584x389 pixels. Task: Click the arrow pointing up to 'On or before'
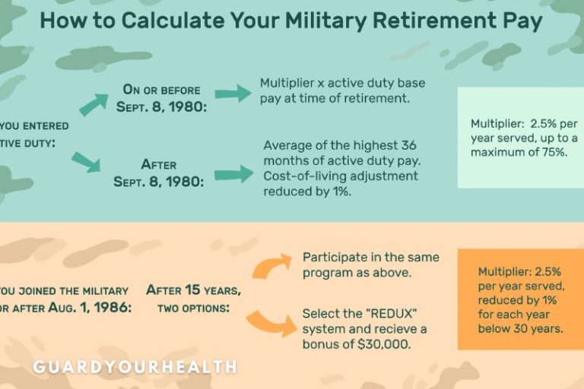93,105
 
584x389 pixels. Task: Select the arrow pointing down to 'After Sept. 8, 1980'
84,162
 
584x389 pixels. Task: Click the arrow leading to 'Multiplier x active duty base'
233,93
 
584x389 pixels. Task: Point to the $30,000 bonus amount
385,344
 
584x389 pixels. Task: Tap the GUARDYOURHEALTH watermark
135,367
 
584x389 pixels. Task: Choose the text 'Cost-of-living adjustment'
341,176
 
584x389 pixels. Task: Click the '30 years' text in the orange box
535,329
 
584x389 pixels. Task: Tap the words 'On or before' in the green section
161,90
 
